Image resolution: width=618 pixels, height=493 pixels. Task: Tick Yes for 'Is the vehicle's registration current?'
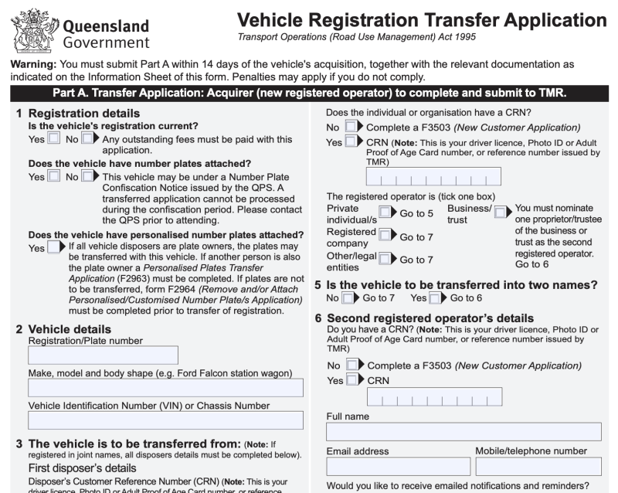tap(53, 139)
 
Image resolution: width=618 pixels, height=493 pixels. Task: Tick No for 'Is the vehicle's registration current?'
tap(88, 139)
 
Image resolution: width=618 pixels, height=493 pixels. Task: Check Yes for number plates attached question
tap(53, 177)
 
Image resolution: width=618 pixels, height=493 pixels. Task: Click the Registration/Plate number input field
tap(103, 355)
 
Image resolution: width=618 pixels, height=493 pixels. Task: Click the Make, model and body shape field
tap(165, 387)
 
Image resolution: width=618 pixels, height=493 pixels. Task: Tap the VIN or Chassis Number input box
tap(165, 420)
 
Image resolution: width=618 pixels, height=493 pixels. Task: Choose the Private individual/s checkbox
tap(385, 212)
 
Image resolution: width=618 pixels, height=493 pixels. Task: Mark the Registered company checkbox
tap(385, 236)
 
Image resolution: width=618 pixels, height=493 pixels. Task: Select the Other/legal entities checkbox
tap(385, 260)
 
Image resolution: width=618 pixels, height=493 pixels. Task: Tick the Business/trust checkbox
tap(500, 212)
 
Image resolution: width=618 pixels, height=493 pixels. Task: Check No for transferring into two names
tap(348, 297)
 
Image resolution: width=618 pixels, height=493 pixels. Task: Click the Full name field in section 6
tap(463, 431)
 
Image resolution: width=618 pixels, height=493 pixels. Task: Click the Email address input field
tap(398, 466)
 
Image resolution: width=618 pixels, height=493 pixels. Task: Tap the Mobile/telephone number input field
tap(538, 466)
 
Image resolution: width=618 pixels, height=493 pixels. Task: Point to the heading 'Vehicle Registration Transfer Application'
tap(421, 21)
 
